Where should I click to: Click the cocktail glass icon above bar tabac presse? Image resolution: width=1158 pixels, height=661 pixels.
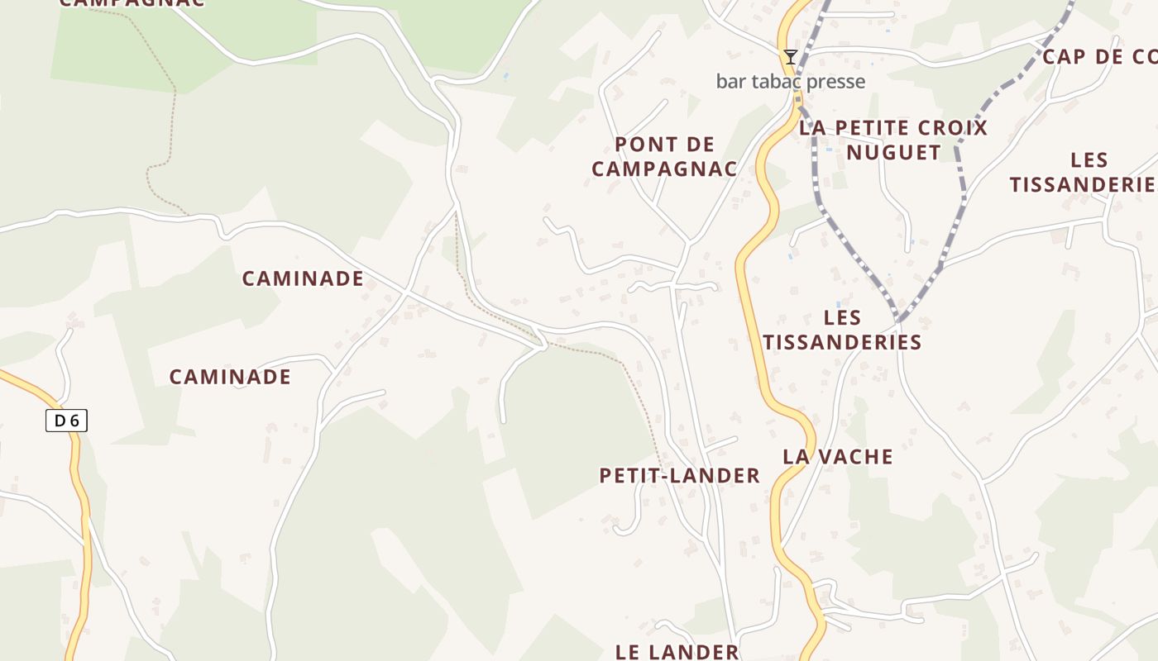tap(791, 57)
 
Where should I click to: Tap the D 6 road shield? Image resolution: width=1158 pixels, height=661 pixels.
tap(66, 421)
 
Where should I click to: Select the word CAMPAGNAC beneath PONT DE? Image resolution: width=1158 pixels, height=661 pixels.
tap(664, 169)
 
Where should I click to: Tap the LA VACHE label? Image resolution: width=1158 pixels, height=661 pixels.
tap(838, 457)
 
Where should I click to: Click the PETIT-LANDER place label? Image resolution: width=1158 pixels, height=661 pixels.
tap(679, 476)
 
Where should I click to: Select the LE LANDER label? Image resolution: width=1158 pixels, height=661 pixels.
tap(677, 652)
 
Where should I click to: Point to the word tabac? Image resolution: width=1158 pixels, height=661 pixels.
tap(774, 81)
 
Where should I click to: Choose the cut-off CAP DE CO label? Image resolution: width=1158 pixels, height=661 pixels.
tap(1099, 57)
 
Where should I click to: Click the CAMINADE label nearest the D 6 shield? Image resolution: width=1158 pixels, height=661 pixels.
tap(230, 378)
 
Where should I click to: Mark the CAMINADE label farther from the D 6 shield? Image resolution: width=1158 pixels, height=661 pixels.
tap(303, 278)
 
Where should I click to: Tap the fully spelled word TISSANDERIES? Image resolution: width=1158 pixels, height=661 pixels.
tap(842, 342)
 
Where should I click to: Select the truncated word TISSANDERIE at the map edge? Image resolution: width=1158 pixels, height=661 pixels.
tap(1082, 184)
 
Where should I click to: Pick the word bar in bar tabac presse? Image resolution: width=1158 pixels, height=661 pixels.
tap(730, 81)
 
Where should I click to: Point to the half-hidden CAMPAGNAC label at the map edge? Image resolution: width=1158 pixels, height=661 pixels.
tap(132, 3)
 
